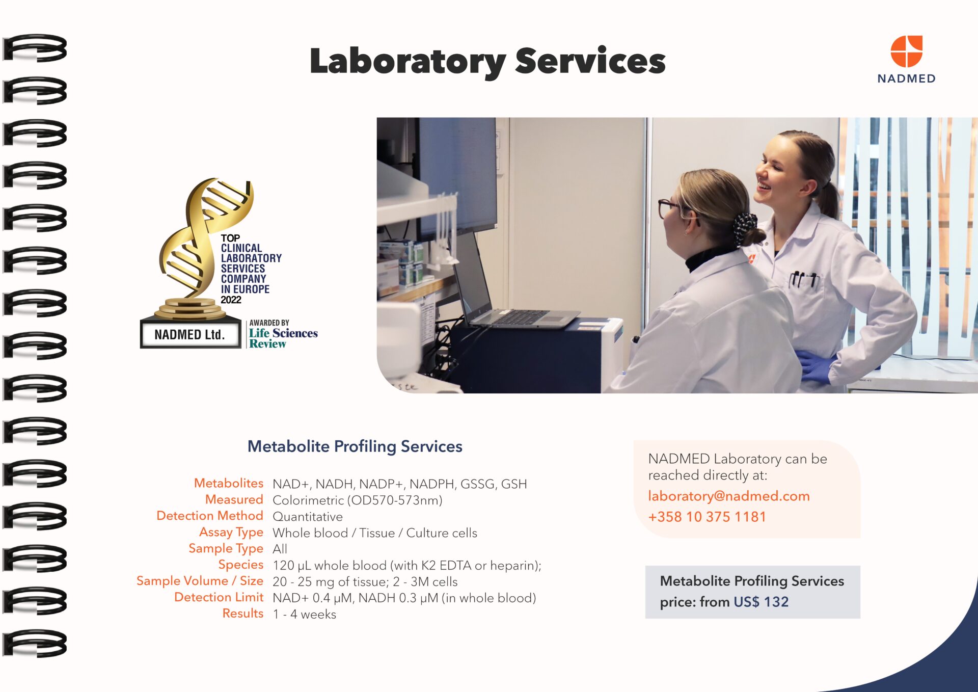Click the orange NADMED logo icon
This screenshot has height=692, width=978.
tap(906, 51)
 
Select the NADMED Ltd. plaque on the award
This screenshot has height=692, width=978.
tap(190, 334)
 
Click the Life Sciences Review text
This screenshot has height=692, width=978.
tap(283, 338)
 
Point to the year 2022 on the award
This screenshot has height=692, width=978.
tap(231, 300)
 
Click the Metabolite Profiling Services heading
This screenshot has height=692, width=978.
tap(355, 446)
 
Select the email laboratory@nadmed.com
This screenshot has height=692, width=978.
tap(729, 496)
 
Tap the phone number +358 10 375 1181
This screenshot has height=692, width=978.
tap(707, 517)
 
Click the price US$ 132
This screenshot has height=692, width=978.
tap(761, 602)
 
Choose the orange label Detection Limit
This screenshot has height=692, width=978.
tap(219, 597)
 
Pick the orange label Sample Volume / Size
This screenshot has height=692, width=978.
tap(200, 581)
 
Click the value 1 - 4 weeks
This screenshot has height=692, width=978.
tap(305, 614)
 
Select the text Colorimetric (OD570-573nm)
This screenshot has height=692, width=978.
tap(358, 500)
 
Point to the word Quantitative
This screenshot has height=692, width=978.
tap(308, 517)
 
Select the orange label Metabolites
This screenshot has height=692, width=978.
tap(229, 483)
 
